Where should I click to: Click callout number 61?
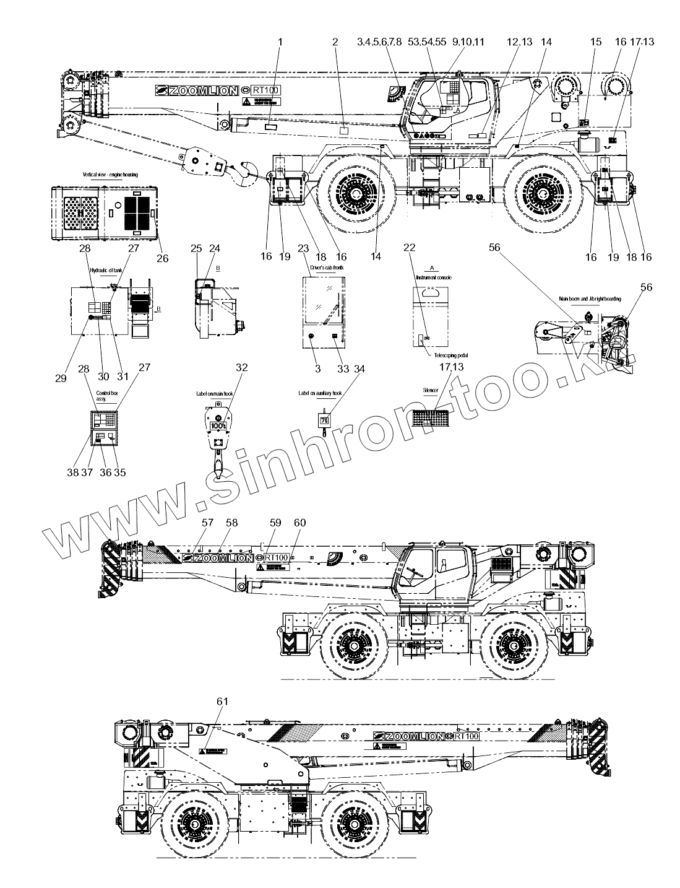pyautogui.click(x=223, y=701)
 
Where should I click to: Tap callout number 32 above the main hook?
pyautogui.click(x=241, y=367)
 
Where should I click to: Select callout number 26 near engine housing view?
pyautogui.click(x=162, y=258)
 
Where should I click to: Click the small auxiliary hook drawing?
pyautogui.click(x=323, y=422)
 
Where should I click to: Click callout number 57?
pyautogui.click(x=207, y=523)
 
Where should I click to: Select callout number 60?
pyautogui.click(x=299, y=523)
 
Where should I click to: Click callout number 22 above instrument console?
pyautogui.click(x=409, y=247)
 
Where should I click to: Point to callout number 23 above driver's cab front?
pyautogui.click(x=303, y=248)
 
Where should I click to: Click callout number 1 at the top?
pyautogui.click(x=280, y=41)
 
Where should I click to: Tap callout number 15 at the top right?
pyautogui.click(x=595, y=41)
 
